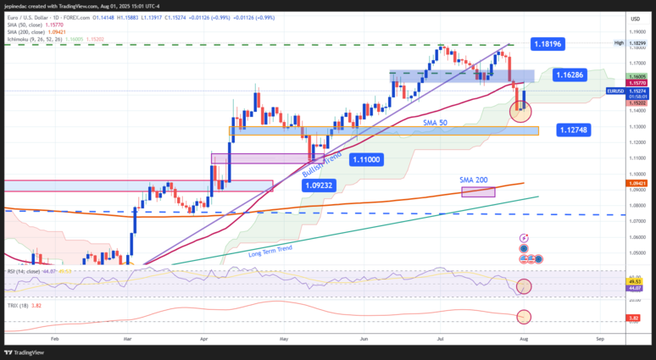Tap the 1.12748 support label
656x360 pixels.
point(574,130)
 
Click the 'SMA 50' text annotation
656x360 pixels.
point(436,123)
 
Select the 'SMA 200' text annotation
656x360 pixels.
point(475,180)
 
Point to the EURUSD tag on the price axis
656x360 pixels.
point(615,91)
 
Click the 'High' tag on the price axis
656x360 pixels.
point(619,42)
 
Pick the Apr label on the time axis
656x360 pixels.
point(204,337)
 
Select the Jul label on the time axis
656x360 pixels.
point(442,337)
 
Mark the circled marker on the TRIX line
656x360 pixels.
point(524,316)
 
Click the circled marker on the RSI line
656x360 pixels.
point(524,287)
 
